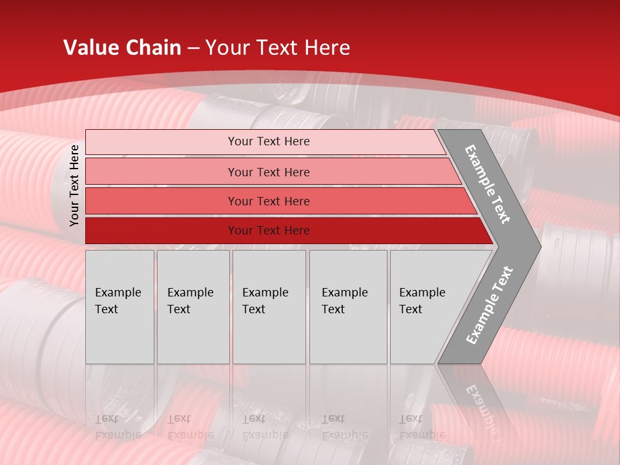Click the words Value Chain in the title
pyautogui.click(x=122, y=48)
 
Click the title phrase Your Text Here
pyautogui.click(x=278, y=48)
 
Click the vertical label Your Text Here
pyautogui.click(x=74, y=185)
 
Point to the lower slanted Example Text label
pyautogui.click(x=489, y=305)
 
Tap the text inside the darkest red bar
pyautogui.click(x=269, y=231)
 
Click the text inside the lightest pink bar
pyautogui.click(x=269, y=141)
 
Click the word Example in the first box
pyautogui.click(x=118, y=293)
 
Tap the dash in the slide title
pyautogui.click(x=193, y=48)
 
